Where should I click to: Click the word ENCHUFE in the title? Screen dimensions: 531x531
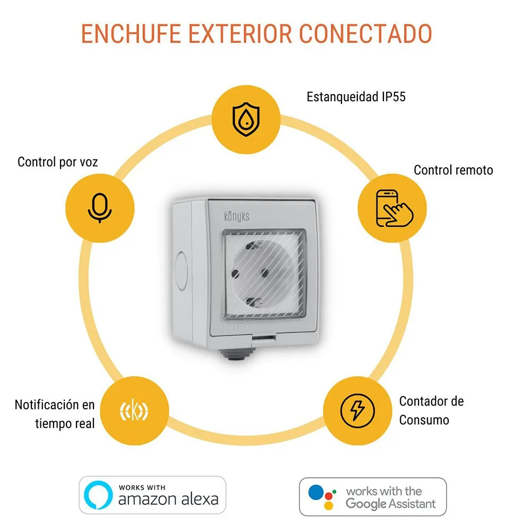(x=131, y=33)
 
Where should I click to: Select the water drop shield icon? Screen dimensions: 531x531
(x=246, y=119)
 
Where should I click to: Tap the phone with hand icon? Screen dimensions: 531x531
(x=395, y=208)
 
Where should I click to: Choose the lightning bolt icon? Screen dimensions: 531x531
(x=357, y=411)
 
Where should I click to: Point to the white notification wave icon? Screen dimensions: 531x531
(x=134, y=410)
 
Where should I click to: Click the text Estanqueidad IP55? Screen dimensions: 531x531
(x=356, y=97)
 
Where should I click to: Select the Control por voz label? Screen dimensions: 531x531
(x=57, y=162)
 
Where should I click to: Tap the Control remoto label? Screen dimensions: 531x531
(x=453, y=170)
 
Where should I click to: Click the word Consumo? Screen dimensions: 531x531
(x=424, y=420)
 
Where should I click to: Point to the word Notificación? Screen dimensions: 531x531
(x=47, y=405)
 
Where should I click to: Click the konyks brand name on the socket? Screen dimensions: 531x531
(x=237, y=216)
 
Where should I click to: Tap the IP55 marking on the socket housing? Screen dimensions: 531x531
(x=244, y=328)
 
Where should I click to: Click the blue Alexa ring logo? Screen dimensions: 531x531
(x=98, y=495)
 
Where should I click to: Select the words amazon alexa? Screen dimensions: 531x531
(x=168, y=499)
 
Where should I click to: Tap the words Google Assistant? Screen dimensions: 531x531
(x=390, y=504)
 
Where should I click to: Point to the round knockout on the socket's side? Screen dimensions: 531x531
(x=181, y=271)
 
